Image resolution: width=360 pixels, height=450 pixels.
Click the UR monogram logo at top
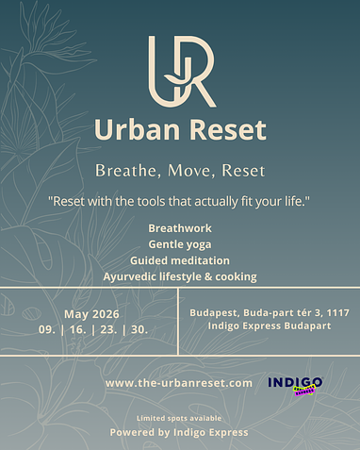pos(180,71)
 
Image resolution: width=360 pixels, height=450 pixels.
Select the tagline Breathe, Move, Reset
pos(179,171)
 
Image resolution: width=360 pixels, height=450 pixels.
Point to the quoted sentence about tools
pos(179,203)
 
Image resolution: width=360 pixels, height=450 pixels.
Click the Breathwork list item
pos(179,228)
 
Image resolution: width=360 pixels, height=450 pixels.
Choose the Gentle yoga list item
pos(179,244)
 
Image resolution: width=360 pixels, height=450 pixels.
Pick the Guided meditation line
pos(179,260)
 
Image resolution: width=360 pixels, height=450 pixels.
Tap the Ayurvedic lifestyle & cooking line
pos(179,276)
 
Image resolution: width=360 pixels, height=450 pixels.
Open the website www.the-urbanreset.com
pos(179,383)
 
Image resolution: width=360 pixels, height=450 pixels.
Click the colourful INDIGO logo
pos(295,383)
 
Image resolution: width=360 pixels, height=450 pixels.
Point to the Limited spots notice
pos(179,417)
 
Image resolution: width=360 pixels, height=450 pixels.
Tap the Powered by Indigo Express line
pos(179,432)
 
